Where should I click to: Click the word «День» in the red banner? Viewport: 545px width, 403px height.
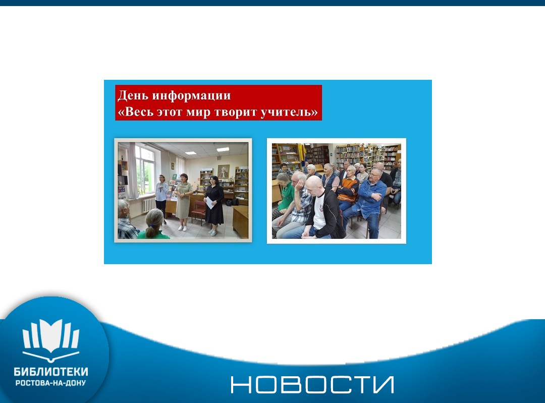132,95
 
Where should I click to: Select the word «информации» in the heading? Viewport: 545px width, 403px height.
191,96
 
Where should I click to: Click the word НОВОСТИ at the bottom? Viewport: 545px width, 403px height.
312,385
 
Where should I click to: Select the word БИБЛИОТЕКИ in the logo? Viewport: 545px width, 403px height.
51,372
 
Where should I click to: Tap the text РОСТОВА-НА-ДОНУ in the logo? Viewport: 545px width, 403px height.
51,383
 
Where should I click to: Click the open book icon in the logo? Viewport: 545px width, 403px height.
51,339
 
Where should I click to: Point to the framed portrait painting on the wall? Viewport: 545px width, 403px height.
223,171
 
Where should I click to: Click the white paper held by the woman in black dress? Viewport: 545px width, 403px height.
209,203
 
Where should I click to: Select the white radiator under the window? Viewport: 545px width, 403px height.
149,205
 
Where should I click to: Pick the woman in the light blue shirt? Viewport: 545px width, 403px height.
161,197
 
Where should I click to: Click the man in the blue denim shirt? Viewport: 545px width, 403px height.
368,201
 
